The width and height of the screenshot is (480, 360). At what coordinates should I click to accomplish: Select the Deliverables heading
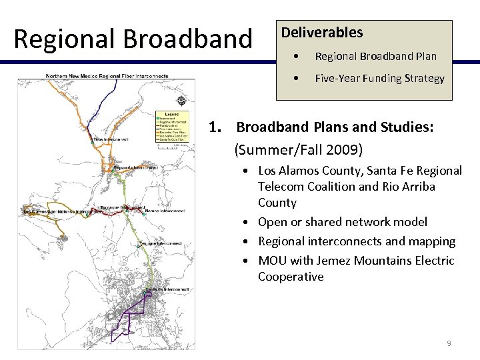coord(322,32)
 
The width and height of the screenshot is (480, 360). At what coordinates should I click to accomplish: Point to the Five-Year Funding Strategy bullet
coord(379,78)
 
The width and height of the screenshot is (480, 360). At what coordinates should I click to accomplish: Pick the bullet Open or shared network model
coord(343,221)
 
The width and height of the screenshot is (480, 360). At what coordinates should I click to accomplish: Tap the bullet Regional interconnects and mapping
coord(357,241)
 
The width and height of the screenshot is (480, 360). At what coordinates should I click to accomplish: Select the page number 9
coord(449,343)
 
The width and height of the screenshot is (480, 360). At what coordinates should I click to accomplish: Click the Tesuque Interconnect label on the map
coord(161,243)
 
